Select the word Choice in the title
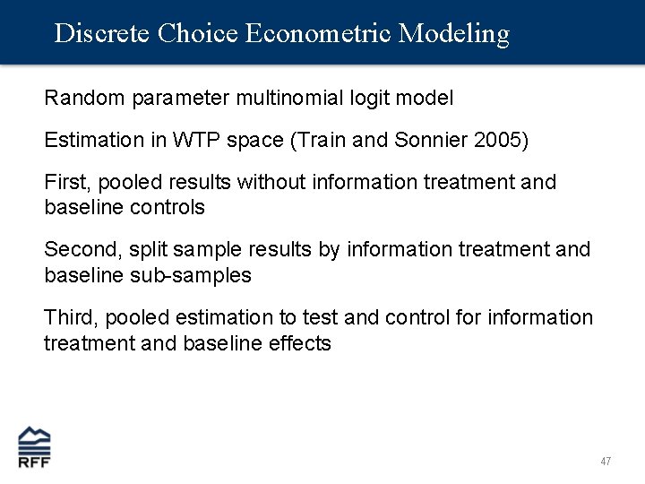click(197, 34)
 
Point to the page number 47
click(606, 461)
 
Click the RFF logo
click(35, 446)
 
